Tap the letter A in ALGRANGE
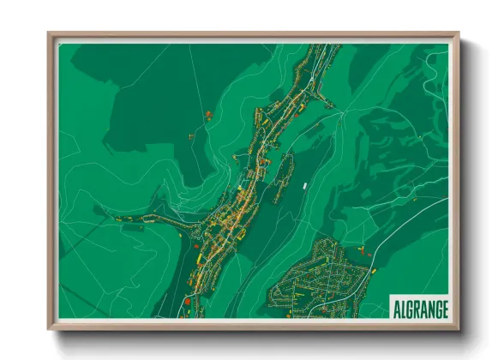tap(395, 307)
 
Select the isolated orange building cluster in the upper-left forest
tap(208, 114)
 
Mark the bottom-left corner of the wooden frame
tap(50, 327)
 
